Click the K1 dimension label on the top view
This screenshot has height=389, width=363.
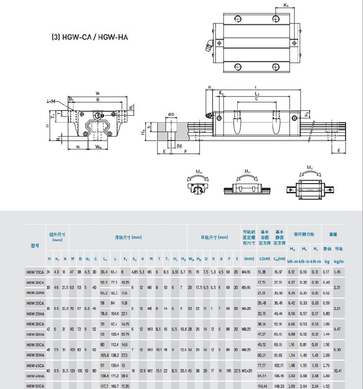(286, 5)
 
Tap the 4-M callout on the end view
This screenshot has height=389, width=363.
(50, 101)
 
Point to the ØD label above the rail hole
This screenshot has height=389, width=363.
(171, 115)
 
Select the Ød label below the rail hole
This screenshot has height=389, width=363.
(179, 145)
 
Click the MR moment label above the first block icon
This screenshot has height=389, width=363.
(199, 171)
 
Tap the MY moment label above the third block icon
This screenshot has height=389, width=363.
(309, 168)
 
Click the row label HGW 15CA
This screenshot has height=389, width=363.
(35, 272)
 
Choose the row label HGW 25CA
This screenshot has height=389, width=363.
(35, 304)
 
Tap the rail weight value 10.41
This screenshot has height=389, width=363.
(338, 371)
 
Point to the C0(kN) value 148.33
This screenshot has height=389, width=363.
(279, 386)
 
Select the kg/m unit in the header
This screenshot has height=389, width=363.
(339, 262)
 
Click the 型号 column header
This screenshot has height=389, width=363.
(35, 246)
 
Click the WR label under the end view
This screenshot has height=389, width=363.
(98, 146)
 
